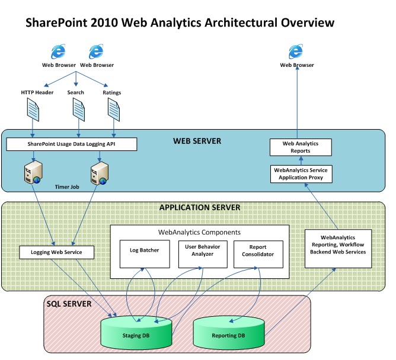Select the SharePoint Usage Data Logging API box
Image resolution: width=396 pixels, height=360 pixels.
tap(71, 144)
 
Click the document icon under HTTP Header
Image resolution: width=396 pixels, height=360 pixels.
tap(33, 110)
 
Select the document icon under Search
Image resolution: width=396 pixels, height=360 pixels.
tap(78, 110)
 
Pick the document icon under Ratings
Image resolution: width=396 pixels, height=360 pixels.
tap(114, 110)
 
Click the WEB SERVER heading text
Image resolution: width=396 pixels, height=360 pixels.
tap(197, 142)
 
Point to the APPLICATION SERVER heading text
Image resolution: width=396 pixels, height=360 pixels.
tap(199, 208)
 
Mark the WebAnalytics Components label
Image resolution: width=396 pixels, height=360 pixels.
tap(199, 232)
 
